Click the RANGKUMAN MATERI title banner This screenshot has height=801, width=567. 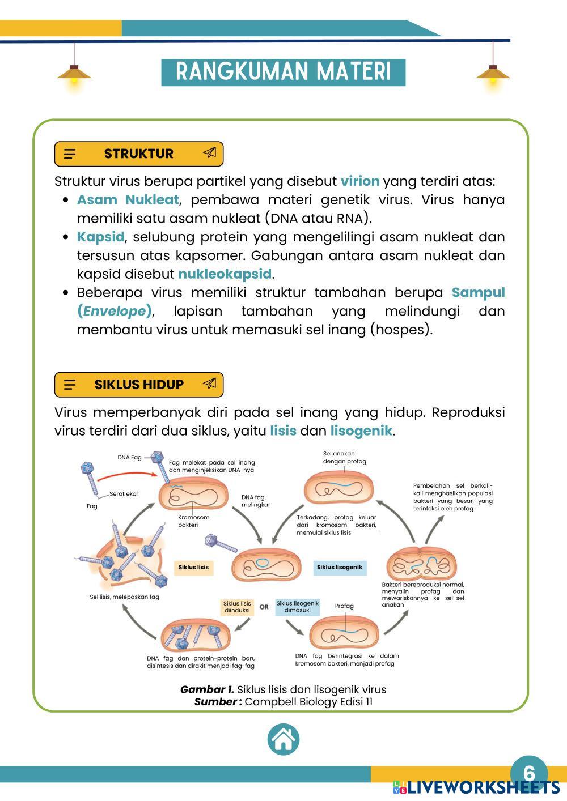pyautogui.click(x=283, y=72)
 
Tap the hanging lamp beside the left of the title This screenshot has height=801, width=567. pyautogui.click(x=74, y=74)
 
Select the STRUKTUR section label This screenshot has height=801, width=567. pyautogui.click(x=139, y=154)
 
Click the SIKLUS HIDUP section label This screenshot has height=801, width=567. pyautogui.click(x=139, y=385)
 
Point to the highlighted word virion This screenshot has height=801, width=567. pyautogui.click(x=359, y=181)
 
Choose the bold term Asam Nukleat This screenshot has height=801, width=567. pyautogui.click(x=128, y=200)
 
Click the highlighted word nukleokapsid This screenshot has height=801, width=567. pyautogui.click(x=225, y=274)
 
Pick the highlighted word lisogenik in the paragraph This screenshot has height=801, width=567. pyautogui.click(x=361, y=431)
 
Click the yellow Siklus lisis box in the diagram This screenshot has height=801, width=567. pyautogui.click(x=193, y=567)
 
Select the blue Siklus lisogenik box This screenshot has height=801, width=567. pyautogui.click(x=339, y=567)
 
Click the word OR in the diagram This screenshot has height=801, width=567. pyautogui.click(x=264, y=607)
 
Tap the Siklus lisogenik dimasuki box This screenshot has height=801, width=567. pyautogui.click(x=298, y=607)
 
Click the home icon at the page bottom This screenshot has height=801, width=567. pyautogui.click(x=283, y=739)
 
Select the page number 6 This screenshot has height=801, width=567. pyautogui.click(x=528, y=773)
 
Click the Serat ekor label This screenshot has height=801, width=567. pyautogui.click(x=124, y=494)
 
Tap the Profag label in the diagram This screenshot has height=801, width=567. pyautogui.click(x=344, y=606)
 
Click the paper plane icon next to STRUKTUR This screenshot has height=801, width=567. pyautogui.click(x=209, y=153)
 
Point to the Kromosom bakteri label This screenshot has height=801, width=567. pyautogui.click(x=193, y=521)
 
